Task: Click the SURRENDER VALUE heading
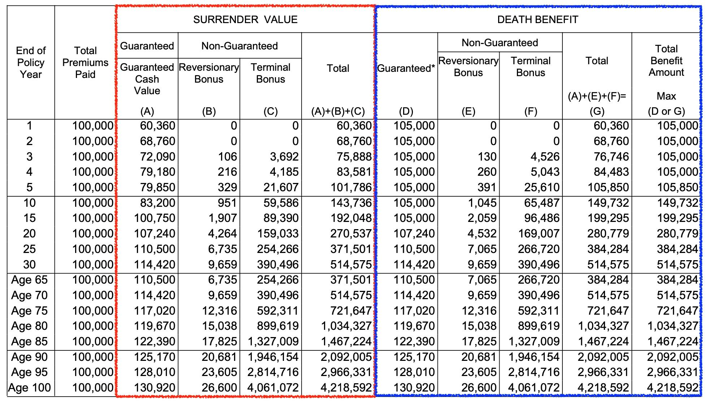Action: [x=245, y=20]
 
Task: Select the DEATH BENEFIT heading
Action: [x=538, y=20]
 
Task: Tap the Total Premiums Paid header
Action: [x=85, y=62]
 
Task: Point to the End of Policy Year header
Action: [x=31, y=62]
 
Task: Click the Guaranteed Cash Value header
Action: [x=147, y=79]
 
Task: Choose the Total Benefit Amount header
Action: [x=666, y=61]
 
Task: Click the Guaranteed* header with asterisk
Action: [x=406, y=68]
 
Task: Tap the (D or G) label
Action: [x=666, y=112]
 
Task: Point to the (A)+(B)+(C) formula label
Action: [x=338, y=112]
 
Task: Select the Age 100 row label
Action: [x=30, y=388]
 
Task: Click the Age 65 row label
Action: [x=30, y=280]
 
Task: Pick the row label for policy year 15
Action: [x=30, y=218]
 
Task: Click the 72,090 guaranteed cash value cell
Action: [x=157, y=157]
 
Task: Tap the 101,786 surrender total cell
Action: [x=351, y=188]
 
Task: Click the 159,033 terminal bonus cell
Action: [x=278, y=234]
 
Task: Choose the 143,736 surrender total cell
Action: [x=351, y=203]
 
